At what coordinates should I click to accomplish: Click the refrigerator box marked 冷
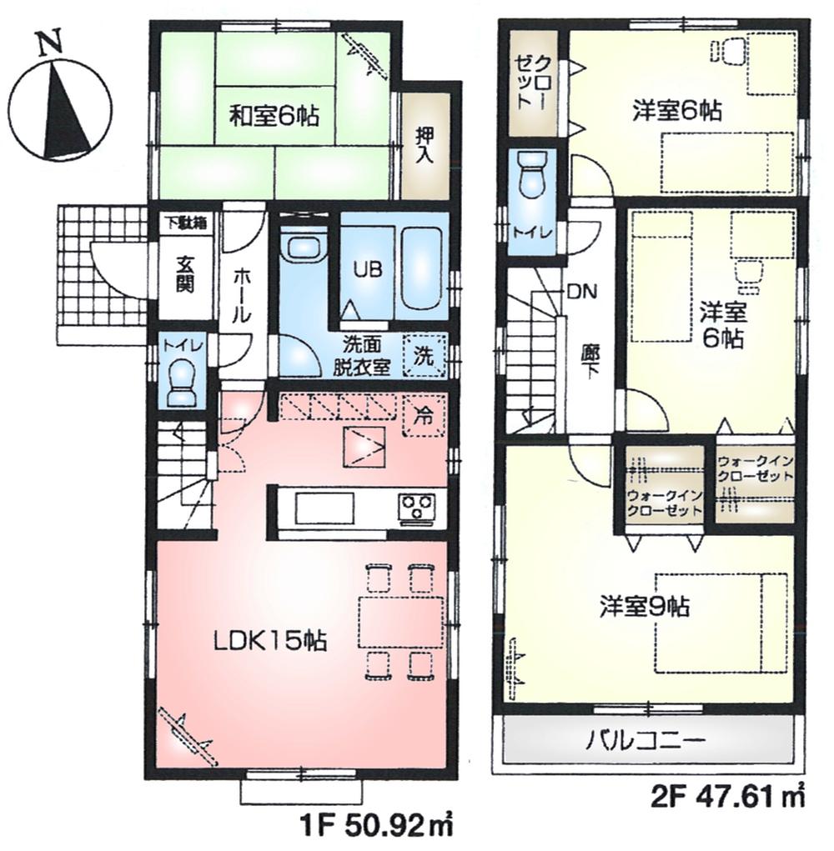(425, 413)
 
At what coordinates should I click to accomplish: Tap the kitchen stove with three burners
(416, 508)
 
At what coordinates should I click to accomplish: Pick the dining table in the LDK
(400, 621)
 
